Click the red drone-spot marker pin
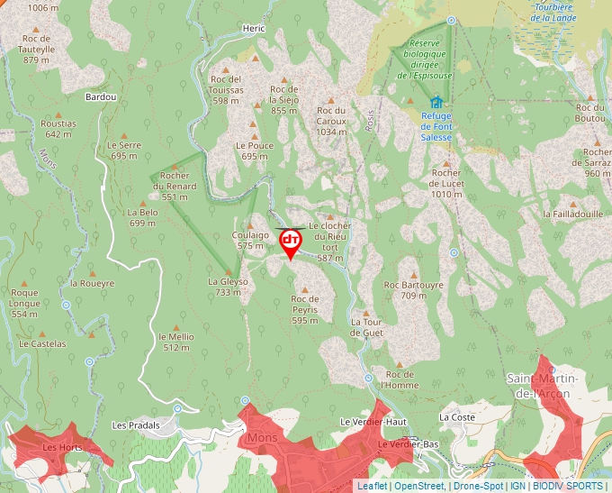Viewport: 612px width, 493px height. coord(291,242)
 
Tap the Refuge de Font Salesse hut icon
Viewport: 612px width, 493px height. coord(436,102)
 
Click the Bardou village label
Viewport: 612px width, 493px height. coord(100,96)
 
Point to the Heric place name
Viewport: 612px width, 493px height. coord(254,29)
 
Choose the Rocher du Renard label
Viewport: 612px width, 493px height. coord(175,186)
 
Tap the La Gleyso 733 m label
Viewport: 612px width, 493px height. coord(228,287)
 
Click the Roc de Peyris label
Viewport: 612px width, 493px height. coord(305,304)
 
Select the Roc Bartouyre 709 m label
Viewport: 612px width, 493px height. coord(414,289)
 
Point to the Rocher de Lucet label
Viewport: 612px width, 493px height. coord(445,183)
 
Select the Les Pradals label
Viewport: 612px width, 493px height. coord(136,425)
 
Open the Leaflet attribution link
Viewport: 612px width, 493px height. coord(372,486)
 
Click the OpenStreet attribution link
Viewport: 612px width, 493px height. coord(418,486)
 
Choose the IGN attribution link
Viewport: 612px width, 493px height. coord(517,486)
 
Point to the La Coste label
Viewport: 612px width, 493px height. coord(456,417)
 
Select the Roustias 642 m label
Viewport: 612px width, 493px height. coord(58,129)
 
